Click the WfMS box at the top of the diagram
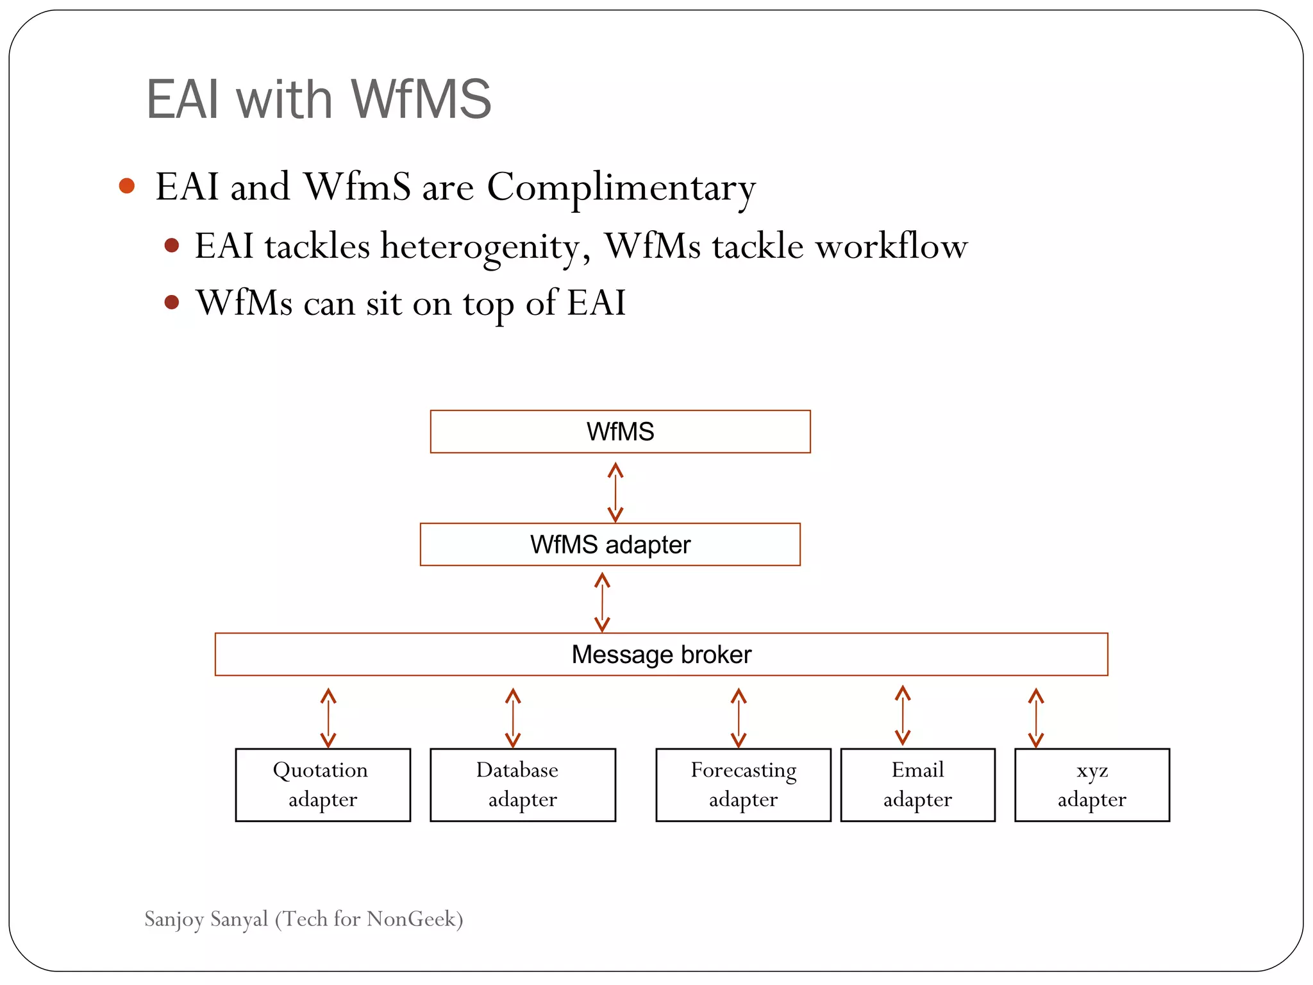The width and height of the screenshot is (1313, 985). (x=620, y=432)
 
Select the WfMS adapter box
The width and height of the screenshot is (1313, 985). (x=610, y=544)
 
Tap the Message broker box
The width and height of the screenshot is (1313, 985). (x=661, y=654)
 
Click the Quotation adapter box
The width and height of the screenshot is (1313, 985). (x=322, y=784)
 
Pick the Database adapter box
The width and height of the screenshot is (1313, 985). (x=523, y=784)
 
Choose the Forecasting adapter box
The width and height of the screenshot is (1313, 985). (x=743, y=784)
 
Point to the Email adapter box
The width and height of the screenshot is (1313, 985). (x=917, y=784)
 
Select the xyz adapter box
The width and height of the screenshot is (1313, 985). (x=1092, y=784)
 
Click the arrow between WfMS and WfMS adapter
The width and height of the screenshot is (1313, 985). (x=615, y=492)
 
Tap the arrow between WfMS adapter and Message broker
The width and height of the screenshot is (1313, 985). (x=602, y=602)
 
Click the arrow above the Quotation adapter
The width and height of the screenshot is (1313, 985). (x=328, y=718)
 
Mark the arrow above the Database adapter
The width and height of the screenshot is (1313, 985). (x=513, y=718)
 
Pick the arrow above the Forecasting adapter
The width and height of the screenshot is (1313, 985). (x=739, y=718)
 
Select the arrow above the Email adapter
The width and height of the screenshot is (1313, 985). (x=903, y=715)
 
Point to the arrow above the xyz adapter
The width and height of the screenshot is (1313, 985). (x=1036, y=718)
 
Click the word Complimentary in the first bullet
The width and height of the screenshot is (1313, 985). (x=621, y=188)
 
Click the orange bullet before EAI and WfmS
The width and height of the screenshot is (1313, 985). (x=127, y=186)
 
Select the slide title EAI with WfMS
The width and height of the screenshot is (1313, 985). (x=319, y=99)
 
